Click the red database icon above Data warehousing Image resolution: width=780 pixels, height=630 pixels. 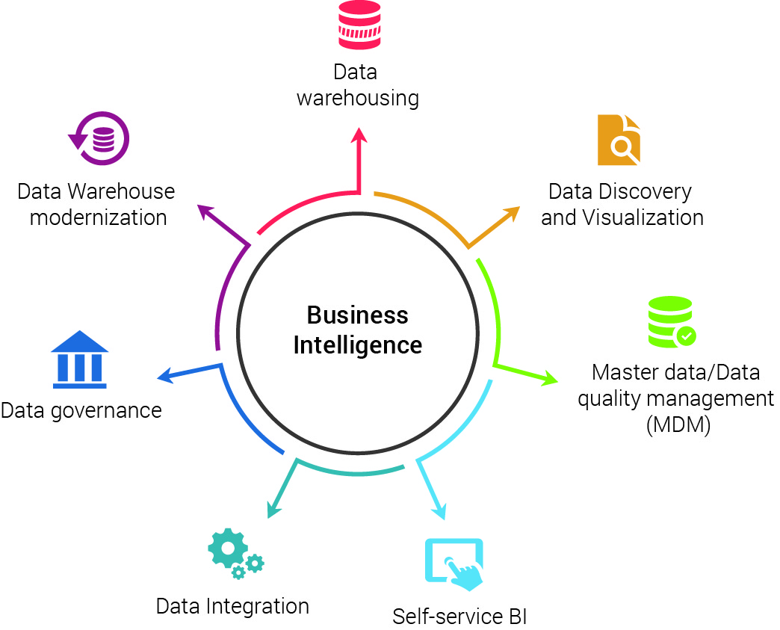pyautogui.click(x=359, y=25)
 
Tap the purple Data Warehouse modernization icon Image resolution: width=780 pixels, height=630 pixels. pyautogui.click(x=99, y=138)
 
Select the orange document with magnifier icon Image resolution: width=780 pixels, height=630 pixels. pyautogui.click(x=619, y=140)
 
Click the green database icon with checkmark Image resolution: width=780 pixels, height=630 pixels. pyautogui.click(x=672, y=322)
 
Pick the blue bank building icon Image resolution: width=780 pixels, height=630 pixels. pyautogui.click(x=80, y=359)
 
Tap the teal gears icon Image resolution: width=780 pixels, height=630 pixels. pyautogui.click(x=236, y=553)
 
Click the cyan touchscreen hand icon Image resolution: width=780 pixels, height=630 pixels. pyautogui.click(x=454, y=564)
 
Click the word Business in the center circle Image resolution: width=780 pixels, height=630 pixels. pyautogui.click(x=357, y=315)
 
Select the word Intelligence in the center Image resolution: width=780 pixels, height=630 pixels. pyautogui.click(x=358, y=345)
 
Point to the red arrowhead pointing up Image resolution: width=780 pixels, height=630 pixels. pyautogui.click(x=359, y=135)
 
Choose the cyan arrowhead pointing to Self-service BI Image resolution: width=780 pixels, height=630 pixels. pyautogui.click(x=439, y=512)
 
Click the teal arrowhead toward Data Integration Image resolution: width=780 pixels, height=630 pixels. pyautogui.click(x=274, y=510)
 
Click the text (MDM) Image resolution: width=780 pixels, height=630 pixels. pyautogui.click(x=678, y=425)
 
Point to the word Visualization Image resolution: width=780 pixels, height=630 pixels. pyautogui.click(x=643, y=217)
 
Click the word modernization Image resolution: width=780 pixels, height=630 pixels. pyautogui.click(x=98, y=217)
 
